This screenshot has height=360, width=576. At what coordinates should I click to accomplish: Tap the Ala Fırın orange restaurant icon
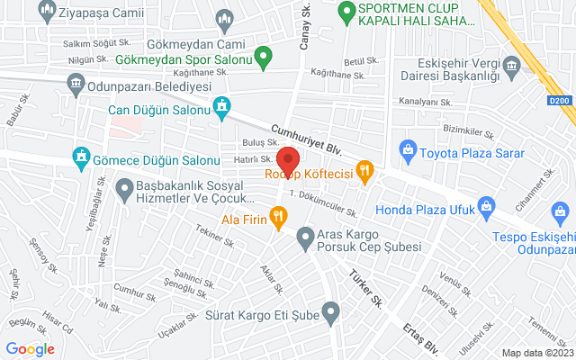pos(279,216)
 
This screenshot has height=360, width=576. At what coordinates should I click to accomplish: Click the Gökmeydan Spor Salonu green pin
pos(263,60)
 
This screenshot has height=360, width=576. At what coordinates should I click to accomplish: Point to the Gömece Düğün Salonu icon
pos(82,158)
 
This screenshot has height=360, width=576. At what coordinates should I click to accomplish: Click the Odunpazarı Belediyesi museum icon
pos(76,85)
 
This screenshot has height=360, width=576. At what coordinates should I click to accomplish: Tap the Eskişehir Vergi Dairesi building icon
pos(512,65)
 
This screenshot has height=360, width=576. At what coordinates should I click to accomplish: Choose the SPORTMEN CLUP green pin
pos(344,13)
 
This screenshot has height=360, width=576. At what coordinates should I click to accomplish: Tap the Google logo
pos(30,349)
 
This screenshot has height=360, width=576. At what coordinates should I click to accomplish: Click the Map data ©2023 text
pos(537,353)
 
